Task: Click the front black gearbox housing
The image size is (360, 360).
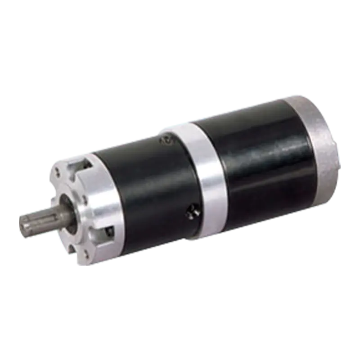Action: point(148,189)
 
